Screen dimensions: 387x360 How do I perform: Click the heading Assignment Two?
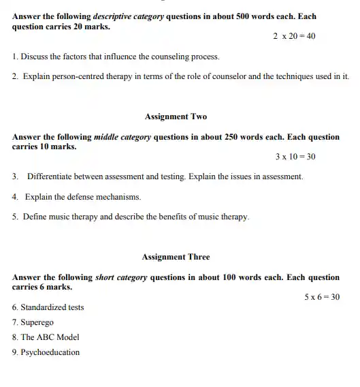pos(176,117)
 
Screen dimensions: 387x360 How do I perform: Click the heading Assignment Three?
pos(176,257)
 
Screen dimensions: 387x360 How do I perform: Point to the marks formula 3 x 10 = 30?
pos(295,157)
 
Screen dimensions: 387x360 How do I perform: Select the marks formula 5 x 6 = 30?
pos(321,296)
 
